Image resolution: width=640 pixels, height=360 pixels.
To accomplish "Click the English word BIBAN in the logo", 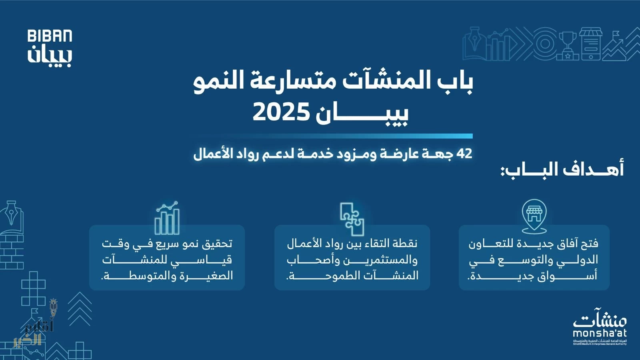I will coord(50,36).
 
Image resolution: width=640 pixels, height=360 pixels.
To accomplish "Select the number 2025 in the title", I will coord(281,112).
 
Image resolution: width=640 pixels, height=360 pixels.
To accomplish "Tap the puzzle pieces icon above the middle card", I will coord(352,219).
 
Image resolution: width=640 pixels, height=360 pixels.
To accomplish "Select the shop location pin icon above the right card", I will coord(534,216).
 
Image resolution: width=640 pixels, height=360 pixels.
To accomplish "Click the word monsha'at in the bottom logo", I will coord(600,333).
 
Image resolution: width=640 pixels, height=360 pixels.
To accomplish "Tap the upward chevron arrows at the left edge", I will coord(80,309).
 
